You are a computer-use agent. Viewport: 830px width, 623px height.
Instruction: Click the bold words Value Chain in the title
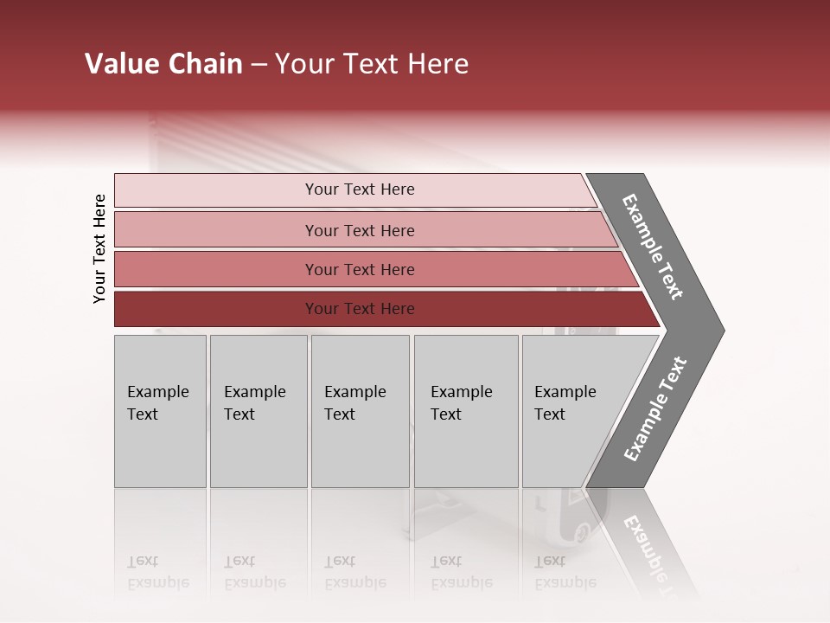[163, 64]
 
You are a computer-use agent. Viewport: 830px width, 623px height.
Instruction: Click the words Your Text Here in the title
[372, 64]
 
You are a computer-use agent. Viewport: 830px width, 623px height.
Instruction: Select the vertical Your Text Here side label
[99, 248]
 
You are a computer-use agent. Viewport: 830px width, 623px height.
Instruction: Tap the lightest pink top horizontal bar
[216, 189]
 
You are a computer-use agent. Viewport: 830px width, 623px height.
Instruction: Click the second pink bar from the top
[216, 230]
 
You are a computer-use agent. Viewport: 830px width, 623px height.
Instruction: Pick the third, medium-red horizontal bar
[216, 269]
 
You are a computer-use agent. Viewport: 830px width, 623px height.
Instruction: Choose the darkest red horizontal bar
[216, 309]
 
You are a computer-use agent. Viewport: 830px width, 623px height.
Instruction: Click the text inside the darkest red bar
[360, 309]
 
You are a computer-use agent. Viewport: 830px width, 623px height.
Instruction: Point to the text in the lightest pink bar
[360, 189]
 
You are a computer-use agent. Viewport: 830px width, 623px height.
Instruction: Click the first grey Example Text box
[160, 411]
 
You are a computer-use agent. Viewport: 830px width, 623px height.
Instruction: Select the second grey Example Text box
[258, 411]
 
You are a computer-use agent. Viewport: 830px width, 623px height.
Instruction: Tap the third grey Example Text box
[360, 411]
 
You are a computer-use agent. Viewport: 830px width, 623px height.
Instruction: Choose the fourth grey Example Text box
[466, 411]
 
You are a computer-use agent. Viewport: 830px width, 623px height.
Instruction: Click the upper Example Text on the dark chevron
[653, 247]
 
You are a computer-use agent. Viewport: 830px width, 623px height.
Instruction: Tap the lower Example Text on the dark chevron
[655, 409]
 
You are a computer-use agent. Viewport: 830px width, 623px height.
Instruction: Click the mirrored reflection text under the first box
[157, 572]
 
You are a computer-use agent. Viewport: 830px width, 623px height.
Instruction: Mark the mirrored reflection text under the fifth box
[565, 572]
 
